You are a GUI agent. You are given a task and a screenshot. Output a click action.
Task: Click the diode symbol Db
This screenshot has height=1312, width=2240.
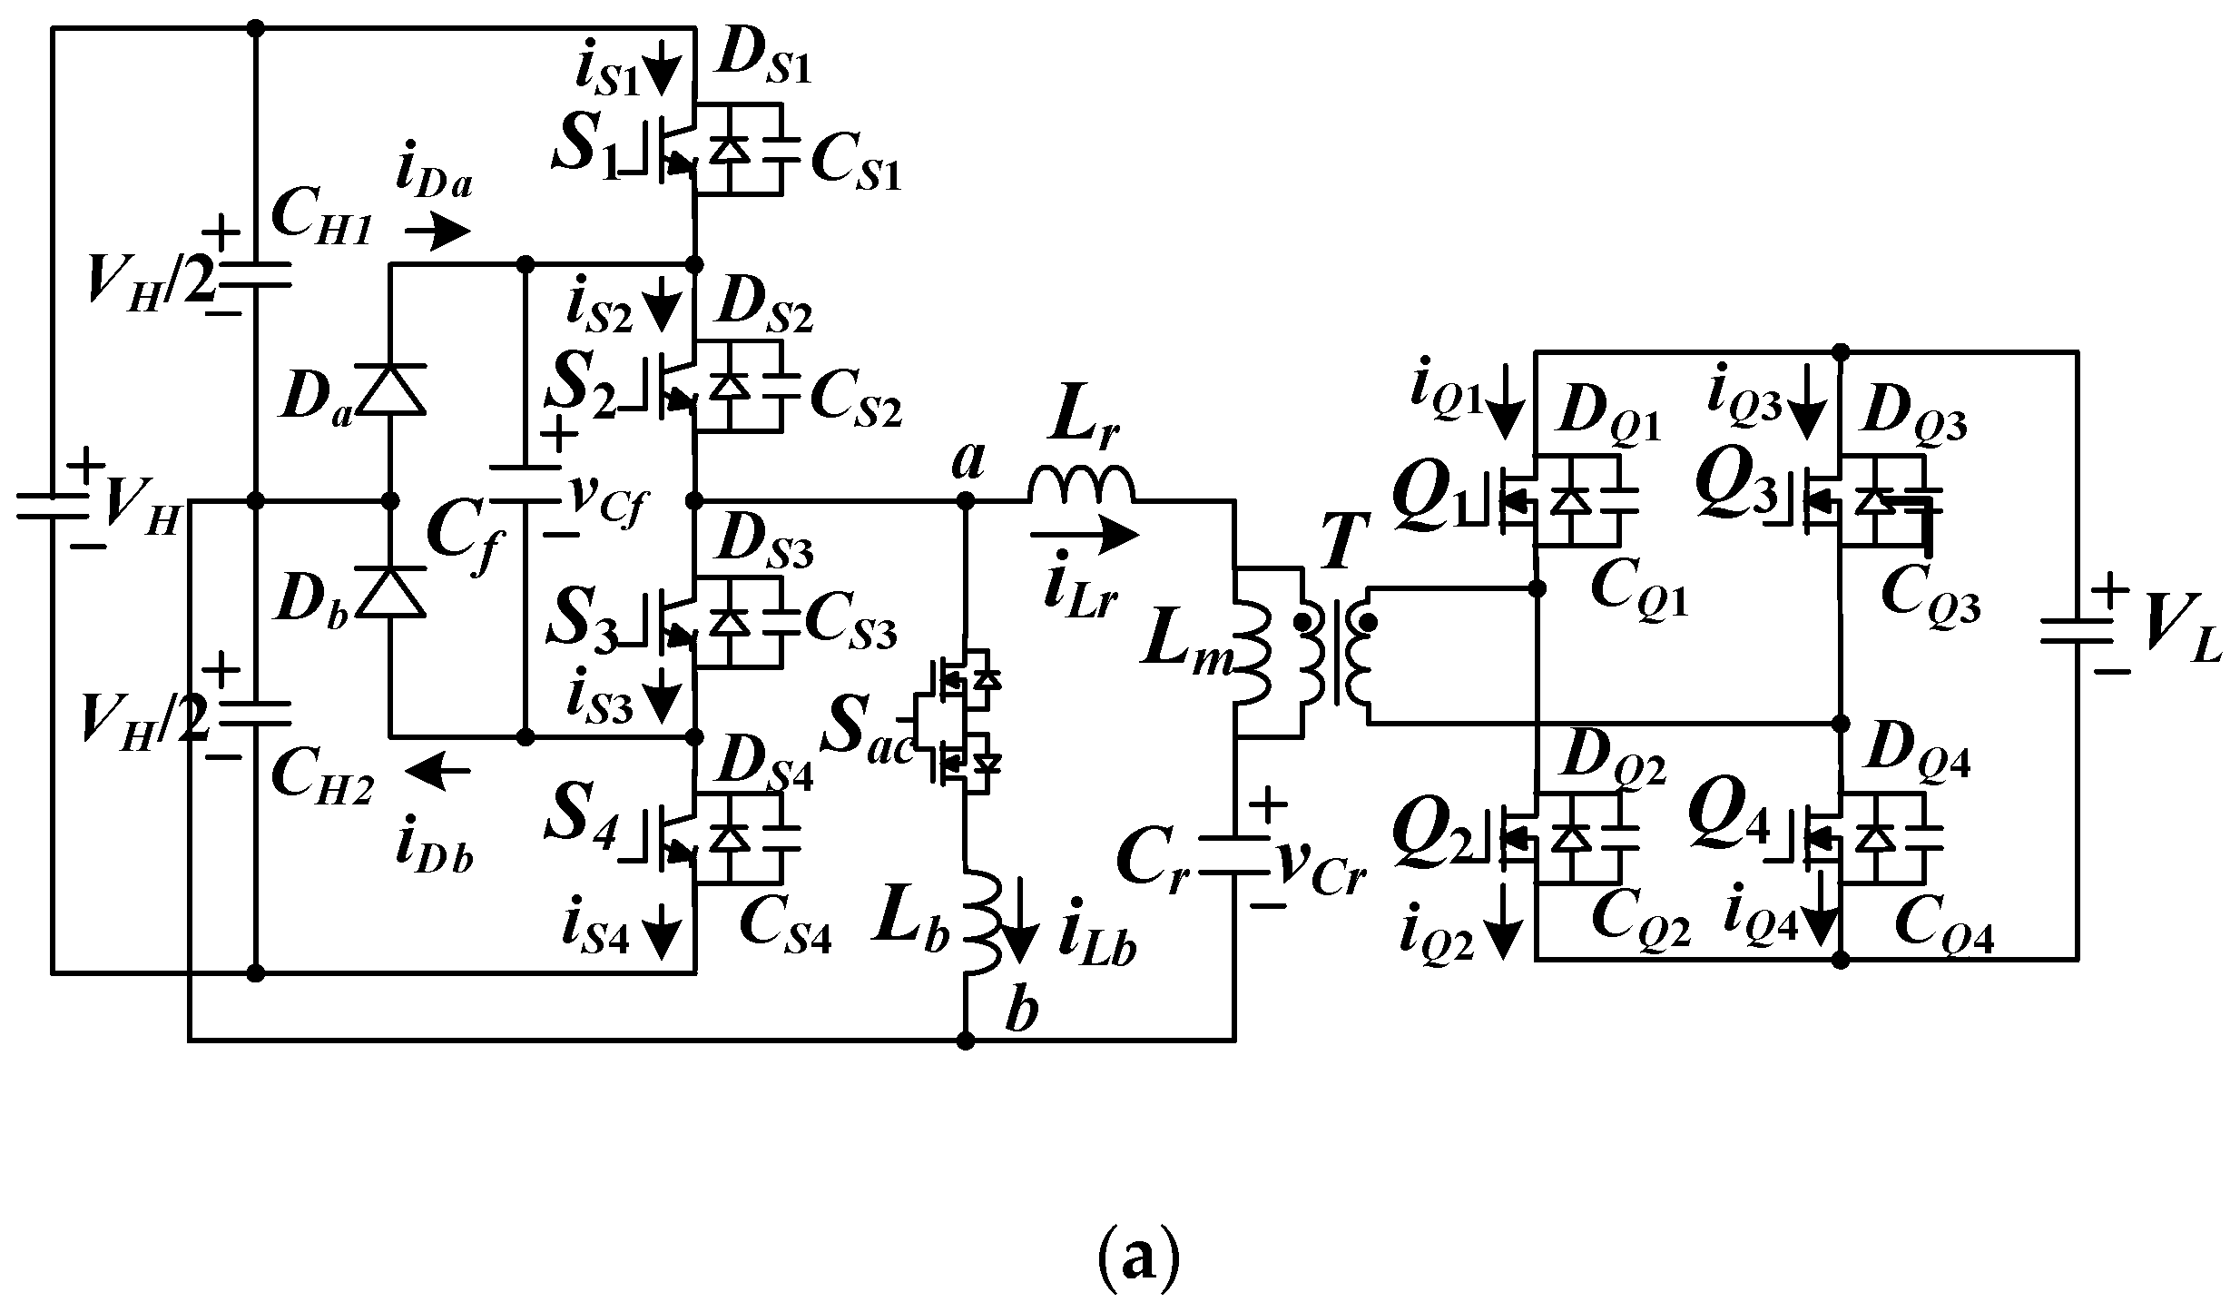(390, 592)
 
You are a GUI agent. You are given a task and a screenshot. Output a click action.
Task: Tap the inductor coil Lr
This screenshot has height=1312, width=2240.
(1081, 485)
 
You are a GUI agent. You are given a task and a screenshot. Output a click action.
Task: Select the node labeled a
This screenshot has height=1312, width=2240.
(966, 500)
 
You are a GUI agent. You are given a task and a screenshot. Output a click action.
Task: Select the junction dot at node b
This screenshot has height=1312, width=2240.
(966, 1040)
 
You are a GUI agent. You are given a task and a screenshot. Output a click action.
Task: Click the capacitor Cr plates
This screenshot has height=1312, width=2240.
(1233, 854)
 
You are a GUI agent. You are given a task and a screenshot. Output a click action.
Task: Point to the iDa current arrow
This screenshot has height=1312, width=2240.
(437, 233)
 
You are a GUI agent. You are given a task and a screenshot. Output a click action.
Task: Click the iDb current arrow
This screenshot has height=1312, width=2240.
(437, 771)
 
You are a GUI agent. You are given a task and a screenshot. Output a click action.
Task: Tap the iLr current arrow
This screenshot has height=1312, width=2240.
(1084, 535)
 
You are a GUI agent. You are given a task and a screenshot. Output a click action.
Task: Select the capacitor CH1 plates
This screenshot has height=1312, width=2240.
(255, 274)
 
